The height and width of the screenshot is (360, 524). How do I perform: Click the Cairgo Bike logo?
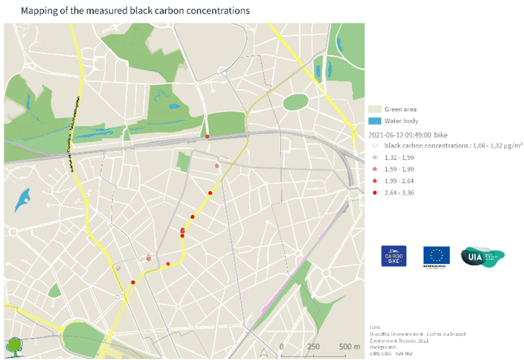(x=393, y=256)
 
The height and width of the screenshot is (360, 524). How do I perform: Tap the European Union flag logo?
(x=436, y=256)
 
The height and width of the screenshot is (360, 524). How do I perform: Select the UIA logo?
(x=482, y=256)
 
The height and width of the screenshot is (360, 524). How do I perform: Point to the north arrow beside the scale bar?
(x=264, y=350)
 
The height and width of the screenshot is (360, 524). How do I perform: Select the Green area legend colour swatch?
(x=374, y=109)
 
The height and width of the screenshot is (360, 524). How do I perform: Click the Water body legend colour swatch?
(x=374, y=121)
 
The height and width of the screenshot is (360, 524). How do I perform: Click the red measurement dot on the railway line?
(x=207, y=136)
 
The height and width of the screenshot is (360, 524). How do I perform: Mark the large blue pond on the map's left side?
(x=24, y=199)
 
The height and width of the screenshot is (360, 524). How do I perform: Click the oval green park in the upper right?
(x=295, y=102)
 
